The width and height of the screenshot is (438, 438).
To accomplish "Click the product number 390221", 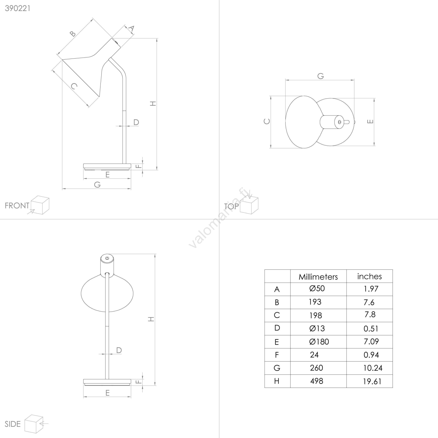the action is point(18,8).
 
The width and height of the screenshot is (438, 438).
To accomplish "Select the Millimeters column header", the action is point(318,277).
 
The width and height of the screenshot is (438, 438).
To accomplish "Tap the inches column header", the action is point(369,276).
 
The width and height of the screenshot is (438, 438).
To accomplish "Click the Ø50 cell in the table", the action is point(317,289).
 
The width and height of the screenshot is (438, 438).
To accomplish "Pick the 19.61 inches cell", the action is point(372,381).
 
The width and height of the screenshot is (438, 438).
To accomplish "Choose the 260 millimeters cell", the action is point(316,368).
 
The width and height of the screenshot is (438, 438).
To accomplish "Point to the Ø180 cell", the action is point(319,342).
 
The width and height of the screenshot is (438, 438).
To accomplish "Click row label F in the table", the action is point(277,355).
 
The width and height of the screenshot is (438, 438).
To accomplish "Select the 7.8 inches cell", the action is point(370,315).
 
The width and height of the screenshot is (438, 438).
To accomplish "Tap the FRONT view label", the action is point(17,206).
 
